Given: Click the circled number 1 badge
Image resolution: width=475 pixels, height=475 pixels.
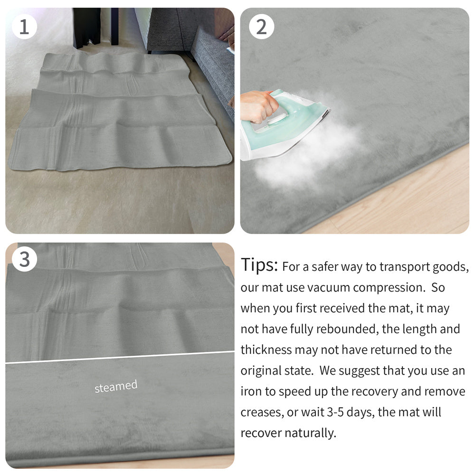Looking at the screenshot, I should pyautogui.click(x=24, y=27).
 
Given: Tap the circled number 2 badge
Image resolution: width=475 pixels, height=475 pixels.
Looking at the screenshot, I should pyautogui.click(x=261, y=27).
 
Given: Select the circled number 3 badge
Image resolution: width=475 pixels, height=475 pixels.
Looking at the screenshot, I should pyautogui.click(x=24, y=260).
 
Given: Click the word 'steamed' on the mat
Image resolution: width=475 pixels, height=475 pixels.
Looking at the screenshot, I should pyautogui.click(x=116, y=386).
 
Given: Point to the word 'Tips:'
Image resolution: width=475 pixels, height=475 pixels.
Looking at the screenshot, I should pyautogui.click(x=259, y=265).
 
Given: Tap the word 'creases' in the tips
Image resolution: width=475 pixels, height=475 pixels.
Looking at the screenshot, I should pyautogui.click(x=262, y=412).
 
